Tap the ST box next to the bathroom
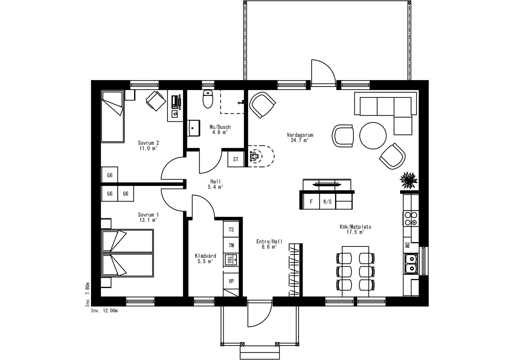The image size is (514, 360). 236,159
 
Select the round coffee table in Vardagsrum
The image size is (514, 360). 373,135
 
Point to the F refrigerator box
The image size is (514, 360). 311,202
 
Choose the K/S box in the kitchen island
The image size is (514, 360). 328,202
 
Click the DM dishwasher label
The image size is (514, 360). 407,245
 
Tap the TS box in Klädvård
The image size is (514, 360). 231,230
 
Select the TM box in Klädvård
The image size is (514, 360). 231,245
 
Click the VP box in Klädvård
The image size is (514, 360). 231,281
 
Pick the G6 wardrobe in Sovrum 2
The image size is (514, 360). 110,175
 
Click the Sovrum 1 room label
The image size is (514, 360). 148,215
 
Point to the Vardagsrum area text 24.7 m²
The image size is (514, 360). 300,140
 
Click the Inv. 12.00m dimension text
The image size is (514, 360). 105,311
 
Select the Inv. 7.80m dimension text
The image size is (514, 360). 88,294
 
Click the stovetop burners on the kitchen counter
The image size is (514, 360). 411,219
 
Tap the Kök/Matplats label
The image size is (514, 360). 355,227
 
